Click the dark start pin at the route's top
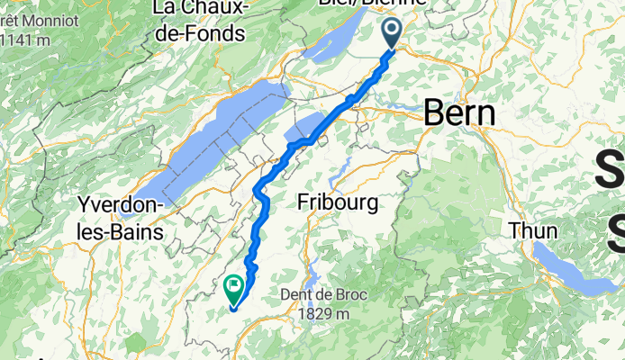pyautogui.click(x=393, y=33)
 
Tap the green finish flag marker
pyautogui.click(x=233, y=287)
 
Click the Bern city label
pyautogui.click(x=459, y=113)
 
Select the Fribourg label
pyautogui.click(x=338, y=202)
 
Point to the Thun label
pyautogui.click(x=533, y=230)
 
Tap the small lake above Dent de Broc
pyautogui.click(x=314, y=266)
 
